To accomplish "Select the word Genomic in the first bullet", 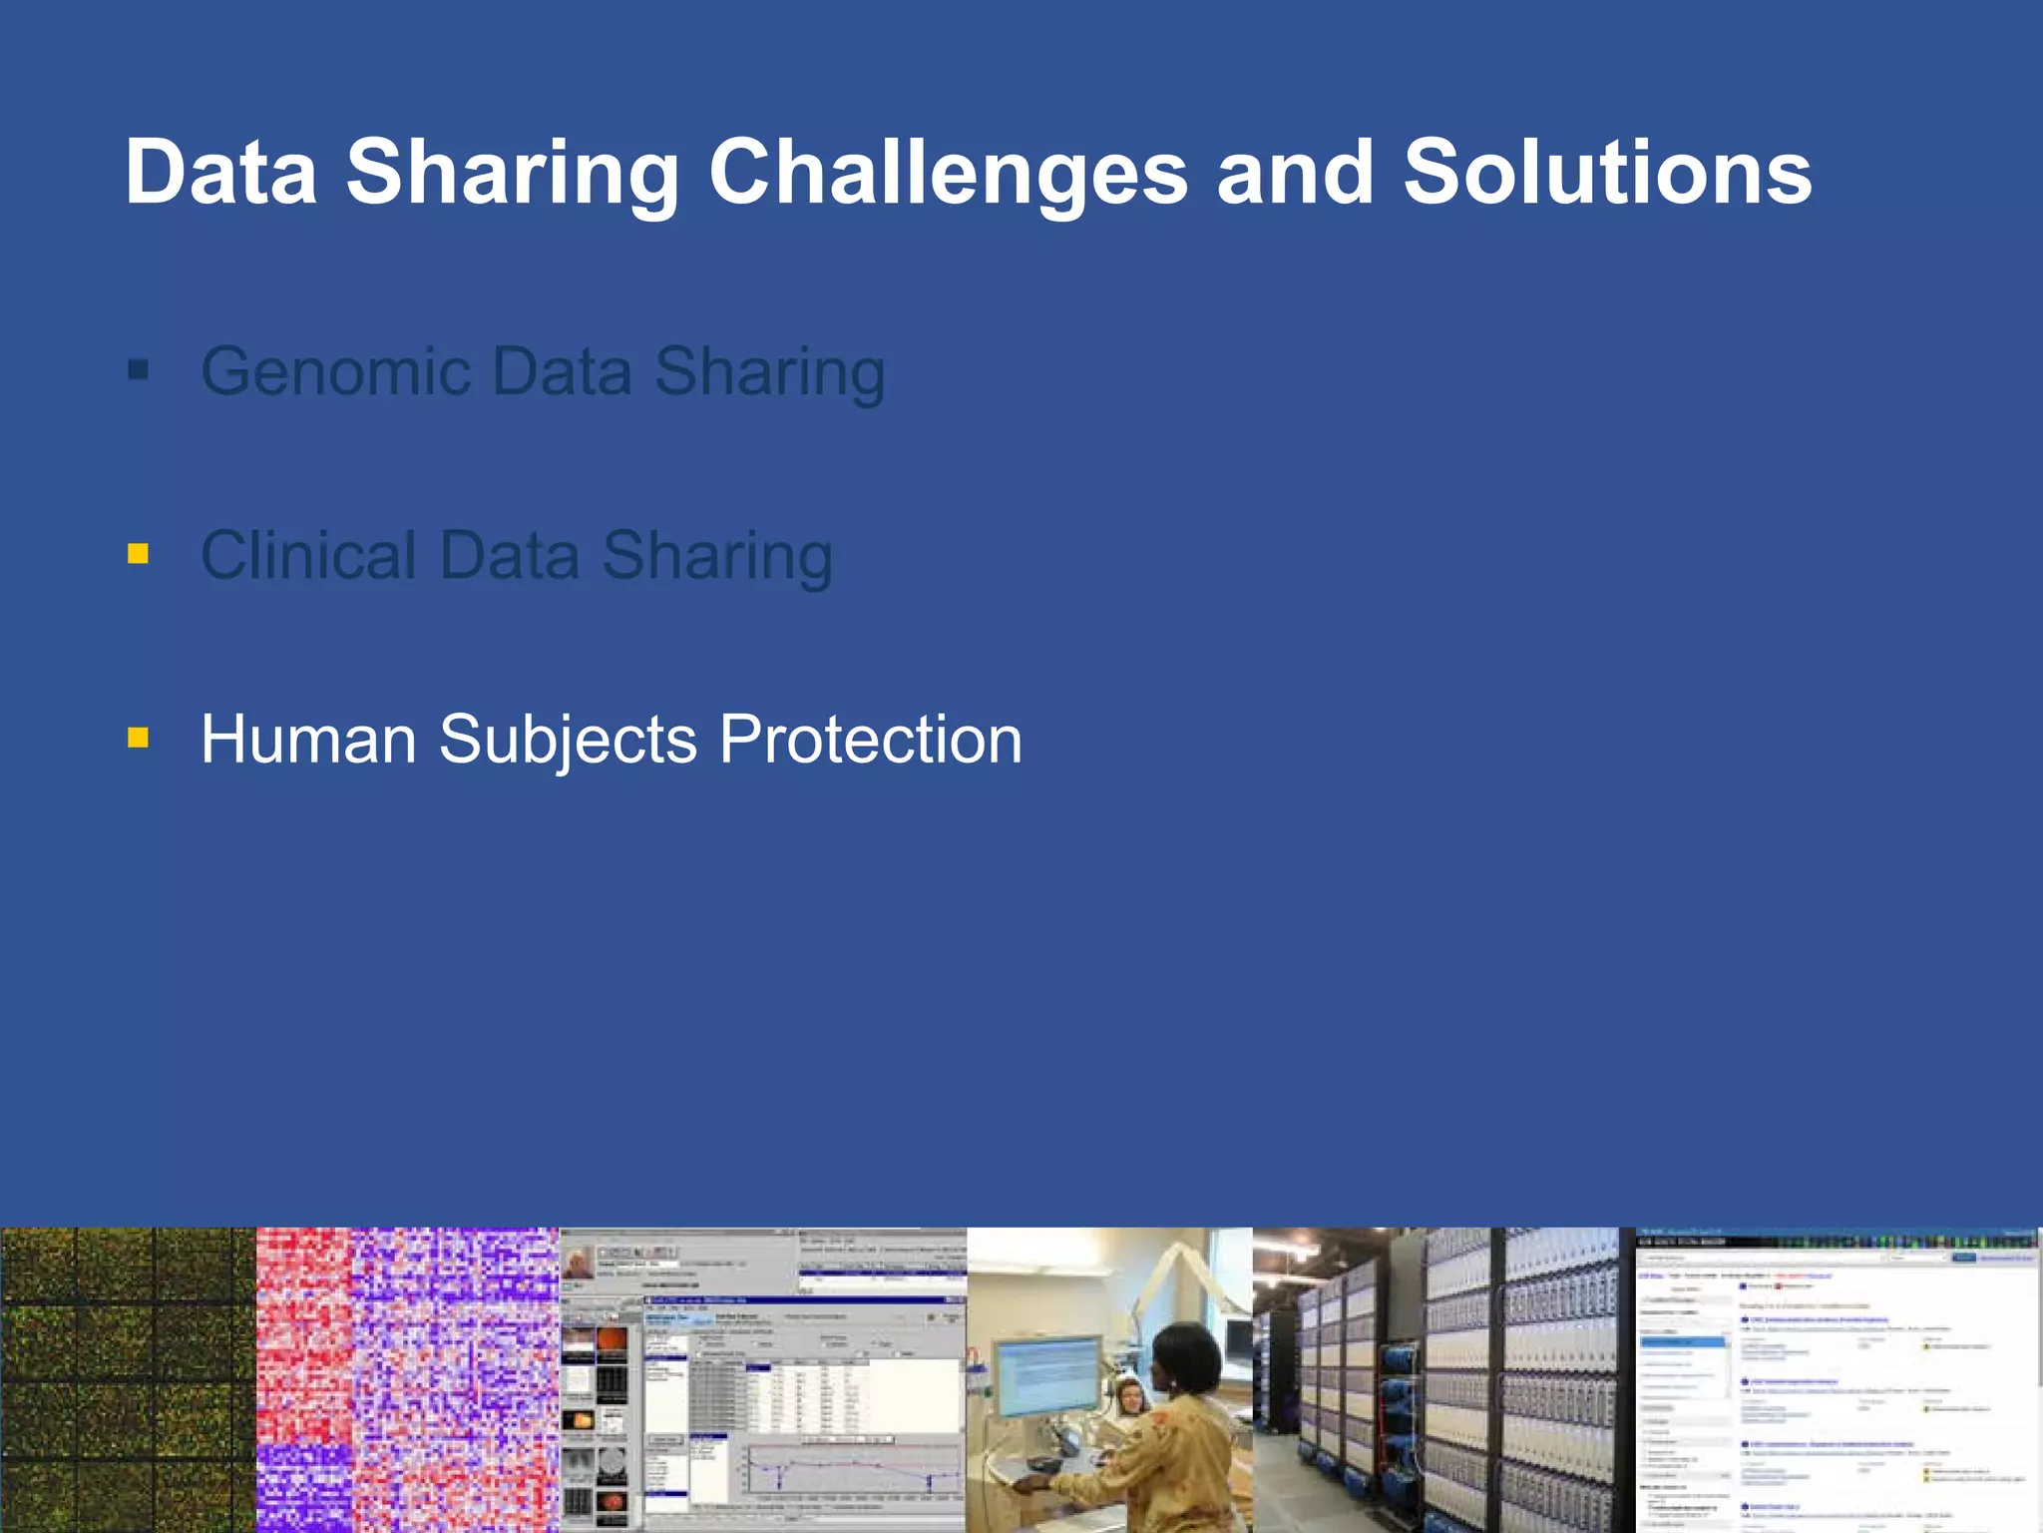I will click(x=335, y=371).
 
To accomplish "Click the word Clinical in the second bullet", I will click(x=308, y=555).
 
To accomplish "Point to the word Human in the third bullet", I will click(x=308, y=740).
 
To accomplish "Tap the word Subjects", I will click(x=568, y=742).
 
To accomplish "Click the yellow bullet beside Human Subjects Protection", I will click(x=139, y=738).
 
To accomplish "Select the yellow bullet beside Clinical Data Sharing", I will click(x=139, y=553).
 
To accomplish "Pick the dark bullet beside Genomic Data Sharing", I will click(x=139, y=371).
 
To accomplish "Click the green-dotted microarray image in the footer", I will click(x=128, y=1379).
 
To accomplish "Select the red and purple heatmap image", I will click(x=407, y=1379).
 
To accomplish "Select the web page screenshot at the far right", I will click(x=1838, y=1379).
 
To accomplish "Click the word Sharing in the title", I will click(x=513, y=174).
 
